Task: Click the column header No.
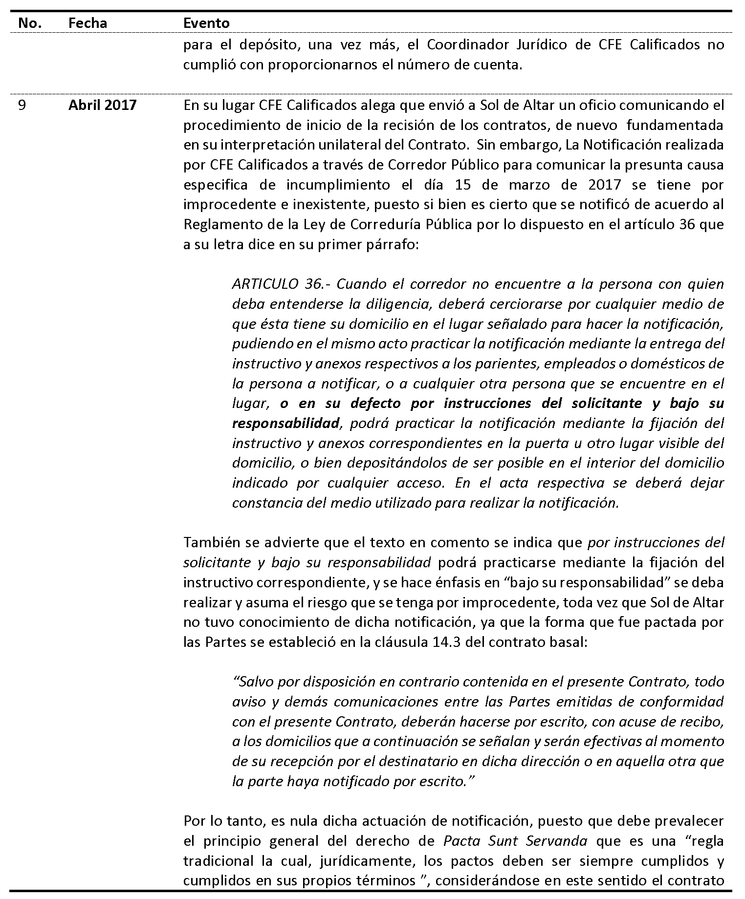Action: point(29,23)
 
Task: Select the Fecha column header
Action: point(88,23)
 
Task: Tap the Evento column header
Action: point(206,23)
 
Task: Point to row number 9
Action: point(22,105)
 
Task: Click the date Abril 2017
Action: point(102,105)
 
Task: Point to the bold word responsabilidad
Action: point(285,423)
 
